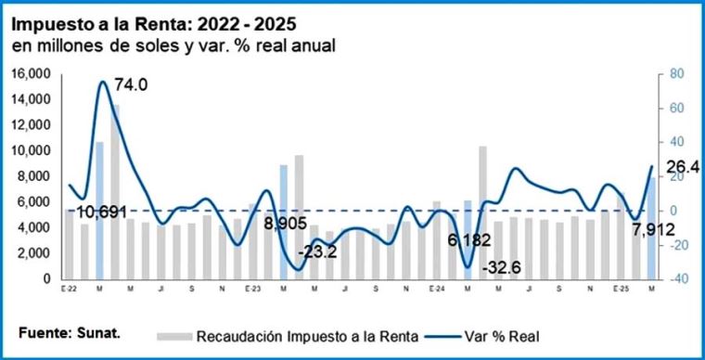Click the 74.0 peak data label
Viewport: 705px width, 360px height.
pyautogui.click(x=131, y=84)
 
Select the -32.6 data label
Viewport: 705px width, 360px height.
pyautogui.click(x=501, y=268)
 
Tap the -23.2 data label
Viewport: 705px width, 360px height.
pyautogui.click(x=317, y=252)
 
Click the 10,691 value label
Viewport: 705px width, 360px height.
pyautogui.click(x=101, y=212)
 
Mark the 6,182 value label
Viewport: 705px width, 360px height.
pyautogui.click(x=469, y=240)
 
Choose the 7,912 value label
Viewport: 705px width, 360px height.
pyautogui.click(x=654, y=230)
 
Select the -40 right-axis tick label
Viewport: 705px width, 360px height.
pyautogui.click(x=669, y=279)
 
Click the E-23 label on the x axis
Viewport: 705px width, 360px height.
pyautogui.click(x=252, y=288)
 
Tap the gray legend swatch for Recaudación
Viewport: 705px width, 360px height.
pyautogui.click(x=174, y=336)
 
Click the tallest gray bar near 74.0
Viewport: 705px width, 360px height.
pyautogui.click(x=116, y=191)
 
